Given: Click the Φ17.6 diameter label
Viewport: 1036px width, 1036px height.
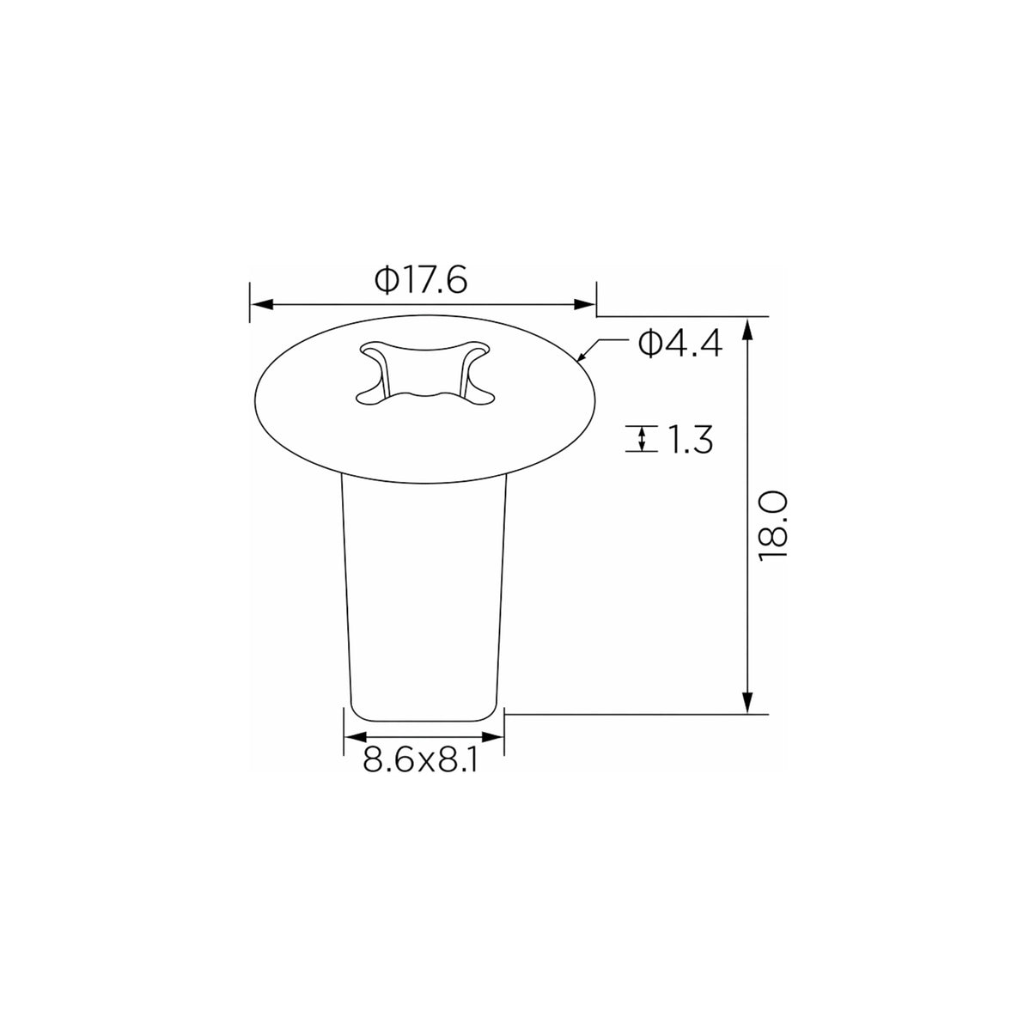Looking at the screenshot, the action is pyautogui.click(x=421, y=280).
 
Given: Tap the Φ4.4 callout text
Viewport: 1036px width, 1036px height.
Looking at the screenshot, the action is pyautogui.click(x=680, y=344).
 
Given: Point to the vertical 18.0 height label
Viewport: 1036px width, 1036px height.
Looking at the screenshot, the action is pyautogui.click(x=773, y=526).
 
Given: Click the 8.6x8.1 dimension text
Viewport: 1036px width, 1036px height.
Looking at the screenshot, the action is pyautogui.click(x=420, y=761).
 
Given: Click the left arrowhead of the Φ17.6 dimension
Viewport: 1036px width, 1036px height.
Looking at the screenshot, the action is pyautogui.click(x=263, y=304).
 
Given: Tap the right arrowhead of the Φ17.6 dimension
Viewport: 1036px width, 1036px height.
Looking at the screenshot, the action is pyautogui.click(x=584, y=304).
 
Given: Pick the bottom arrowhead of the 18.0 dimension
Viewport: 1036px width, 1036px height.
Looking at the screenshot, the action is pyautogui.click(x=747, y=702).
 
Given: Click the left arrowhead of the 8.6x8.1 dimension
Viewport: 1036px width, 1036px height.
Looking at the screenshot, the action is pyautogui.click(x=356, y=737).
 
